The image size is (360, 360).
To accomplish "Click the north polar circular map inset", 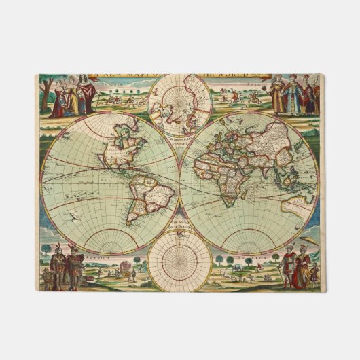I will tap(180, 105).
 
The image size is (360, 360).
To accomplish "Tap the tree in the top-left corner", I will tap(48, 88).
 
